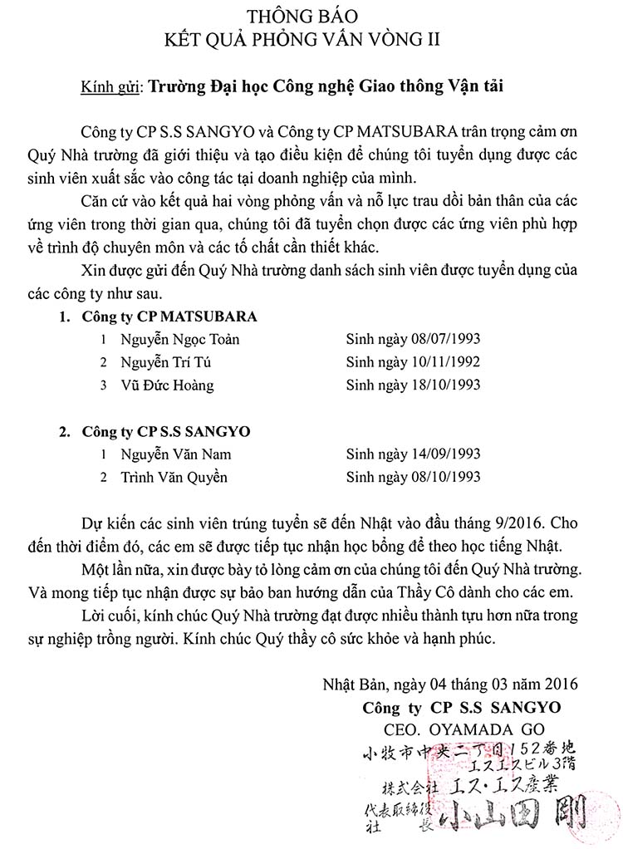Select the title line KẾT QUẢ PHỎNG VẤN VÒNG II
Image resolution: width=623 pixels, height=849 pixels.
[x=311, y=39]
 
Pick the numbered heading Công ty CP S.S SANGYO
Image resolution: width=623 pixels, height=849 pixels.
[x=166, y=431]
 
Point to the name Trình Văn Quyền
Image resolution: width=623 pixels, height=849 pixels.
[x=174, y=477]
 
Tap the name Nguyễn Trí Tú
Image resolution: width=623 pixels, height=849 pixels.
[x=166, y=362]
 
